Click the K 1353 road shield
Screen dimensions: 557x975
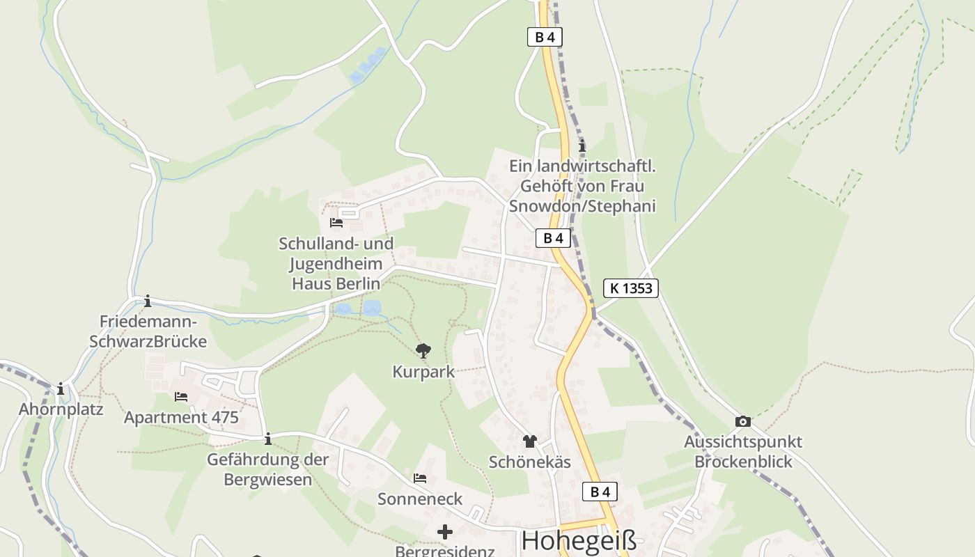coord(630,288)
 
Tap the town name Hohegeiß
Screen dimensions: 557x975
coord(579,541)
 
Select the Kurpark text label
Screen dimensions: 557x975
coord(423,372)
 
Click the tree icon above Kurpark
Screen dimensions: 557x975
coord(423,350)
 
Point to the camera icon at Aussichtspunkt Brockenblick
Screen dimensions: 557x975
coord(743,421)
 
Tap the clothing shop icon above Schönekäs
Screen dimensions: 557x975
coord(530,441)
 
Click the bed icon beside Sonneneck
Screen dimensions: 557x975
coord(420,478)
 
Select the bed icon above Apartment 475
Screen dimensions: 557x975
coord(181,397)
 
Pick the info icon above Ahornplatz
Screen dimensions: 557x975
coord(61,389)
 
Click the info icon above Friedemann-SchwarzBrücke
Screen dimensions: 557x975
coord(148,301)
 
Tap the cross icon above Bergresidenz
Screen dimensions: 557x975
coord(445,533)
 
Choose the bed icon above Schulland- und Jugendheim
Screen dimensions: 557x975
coord(336,223)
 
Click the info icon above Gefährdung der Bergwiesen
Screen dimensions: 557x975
coord(268,439)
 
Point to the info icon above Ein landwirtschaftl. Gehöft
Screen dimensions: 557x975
coord(582,146)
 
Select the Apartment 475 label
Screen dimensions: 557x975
coord(181,418)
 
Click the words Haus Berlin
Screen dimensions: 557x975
coord(336,283)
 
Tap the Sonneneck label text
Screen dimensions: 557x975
coord(420,499)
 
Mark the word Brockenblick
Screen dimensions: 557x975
coord(743,462)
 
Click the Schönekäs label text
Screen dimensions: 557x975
coord(530,462)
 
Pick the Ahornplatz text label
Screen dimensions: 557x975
coord(61,409)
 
